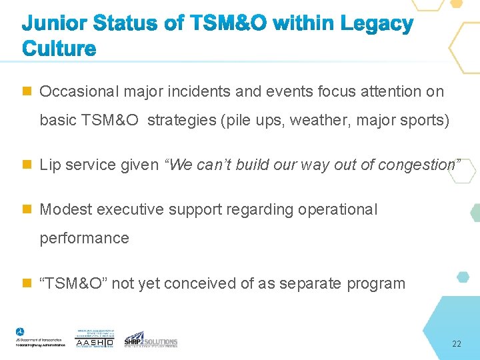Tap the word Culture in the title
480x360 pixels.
59,49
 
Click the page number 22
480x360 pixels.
456,344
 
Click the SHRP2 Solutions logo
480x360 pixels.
151,339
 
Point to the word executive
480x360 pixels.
129,209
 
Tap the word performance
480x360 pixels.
84,238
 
